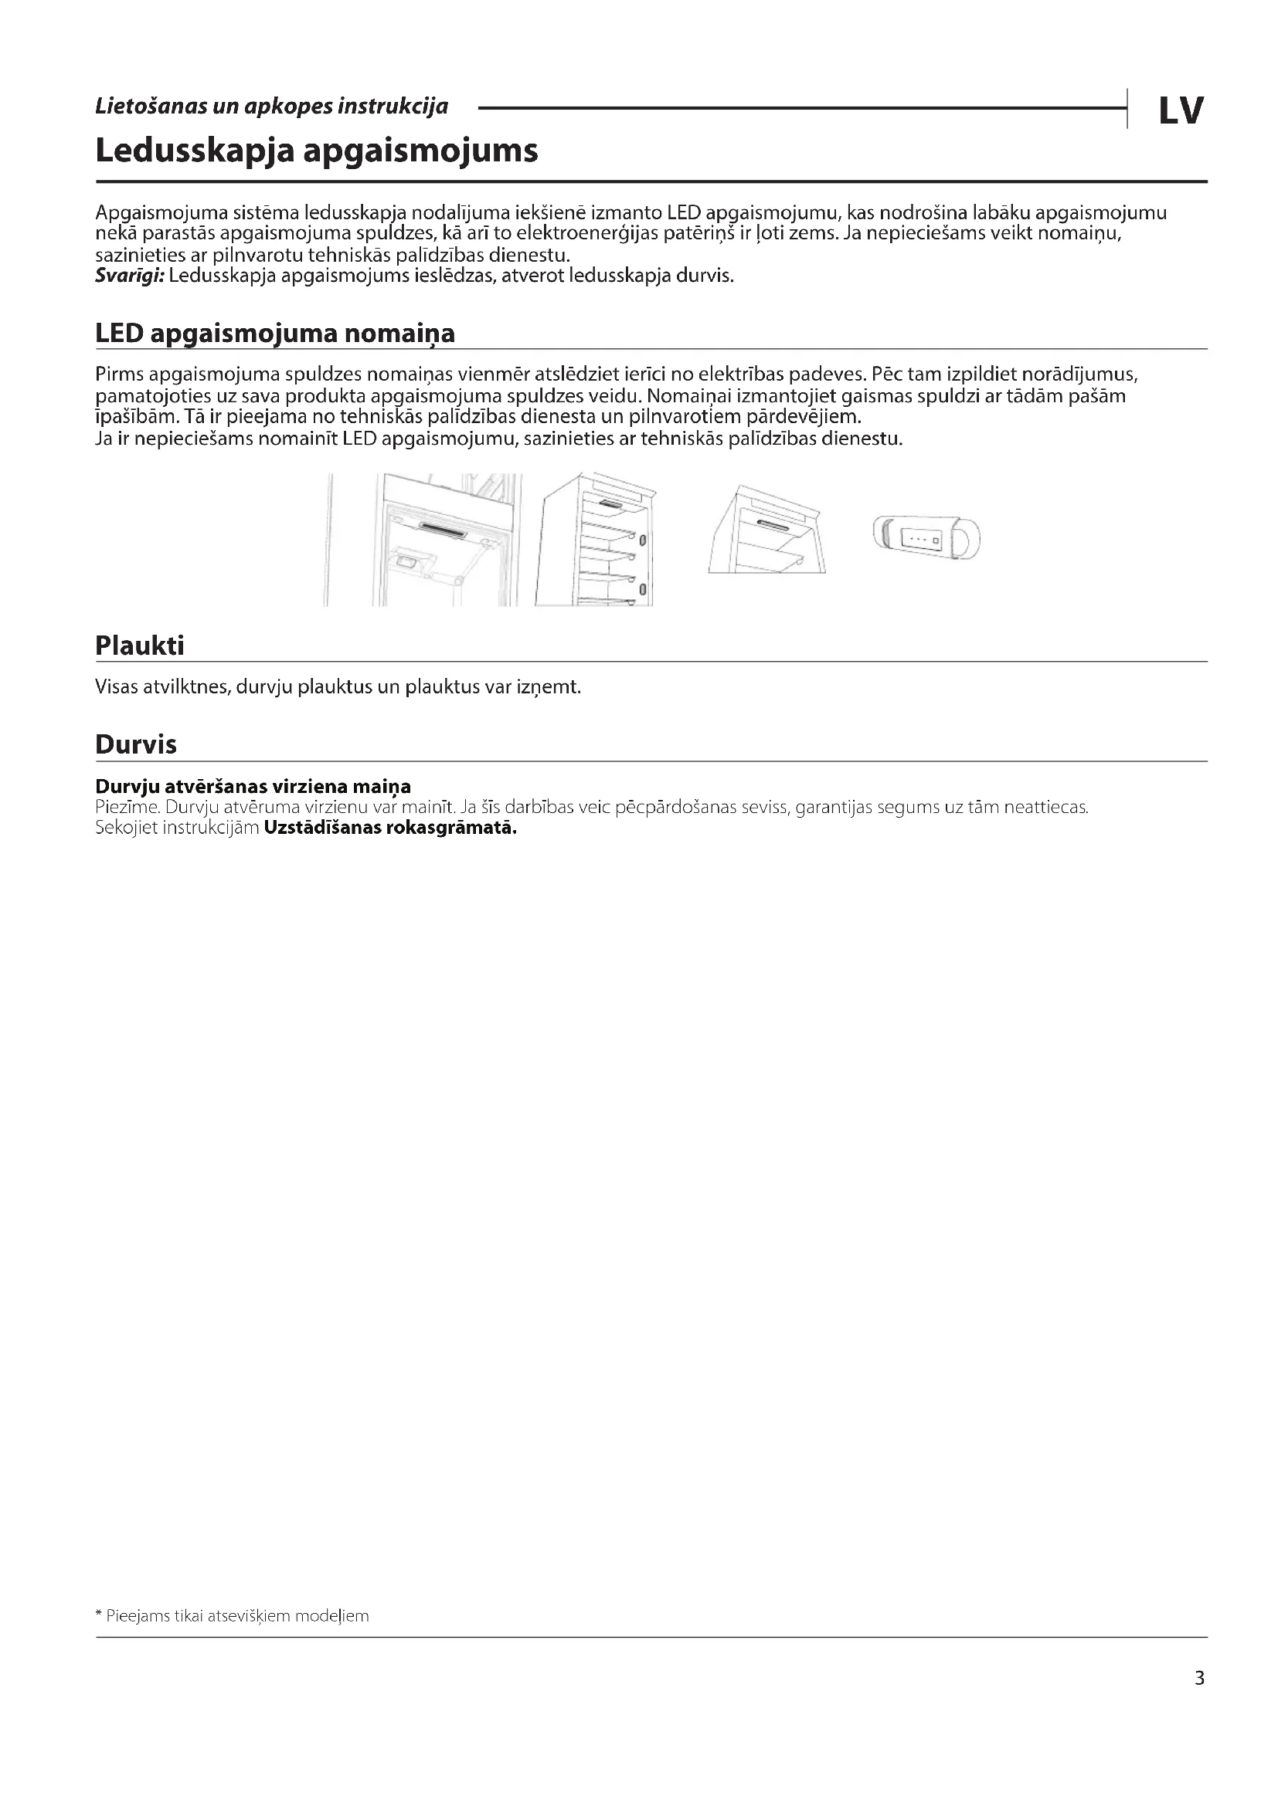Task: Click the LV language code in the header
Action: coord(1181,111)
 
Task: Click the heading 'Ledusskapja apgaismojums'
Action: coord(316,151)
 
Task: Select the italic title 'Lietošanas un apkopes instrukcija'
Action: coord(271,107)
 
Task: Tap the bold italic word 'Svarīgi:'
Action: coord(129,276)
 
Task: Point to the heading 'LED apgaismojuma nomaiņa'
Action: coord(274,334)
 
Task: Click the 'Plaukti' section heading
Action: coord(139,645)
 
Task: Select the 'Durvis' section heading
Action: coord(135,744)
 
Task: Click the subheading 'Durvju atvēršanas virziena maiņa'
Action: coord(253,787)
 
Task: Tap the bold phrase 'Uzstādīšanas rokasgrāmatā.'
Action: coord(390,828)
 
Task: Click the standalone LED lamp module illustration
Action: coord(926,538)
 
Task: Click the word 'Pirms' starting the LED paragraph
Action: coord(119,374)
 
